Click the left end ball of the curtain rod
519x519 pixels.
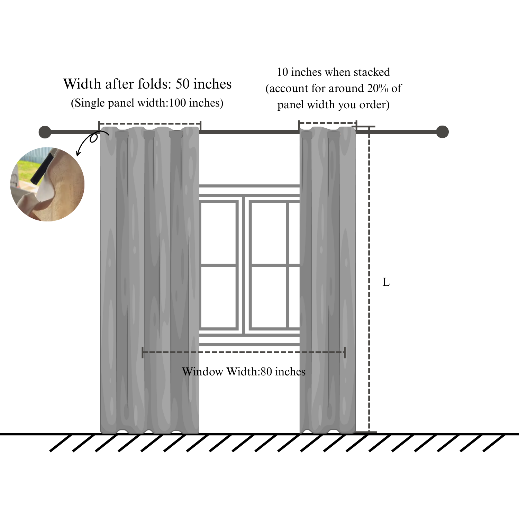[x=45, y=132]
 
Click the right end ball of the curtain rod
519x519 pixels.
[x=442, y=132]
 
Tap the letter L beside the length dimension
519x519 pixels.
[x=386, y=282]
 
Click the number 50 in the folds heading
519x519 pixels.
[x=183, y=84]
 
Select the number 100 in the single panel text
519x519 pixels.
[x=177, y=103]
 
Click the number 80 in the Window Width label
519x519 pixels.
[x=266, y=372]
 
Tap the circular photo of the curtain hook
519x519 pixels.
[x=47, y=184]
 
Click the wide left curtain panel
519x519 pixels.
[x=149, y=277]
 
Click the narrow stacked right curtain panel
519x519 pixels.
[x=327, y=277]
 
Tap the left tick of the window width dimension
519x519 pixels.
[x=143, y=352]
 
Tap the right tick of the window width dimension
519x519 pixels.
[x=345, y=352]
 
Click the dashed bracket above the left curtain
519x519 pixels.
[x=149, y=123]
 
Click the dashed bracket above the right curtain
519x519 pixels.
[x=327, y=122]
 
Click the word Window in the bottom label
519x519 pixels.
[x=202, y=372]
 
